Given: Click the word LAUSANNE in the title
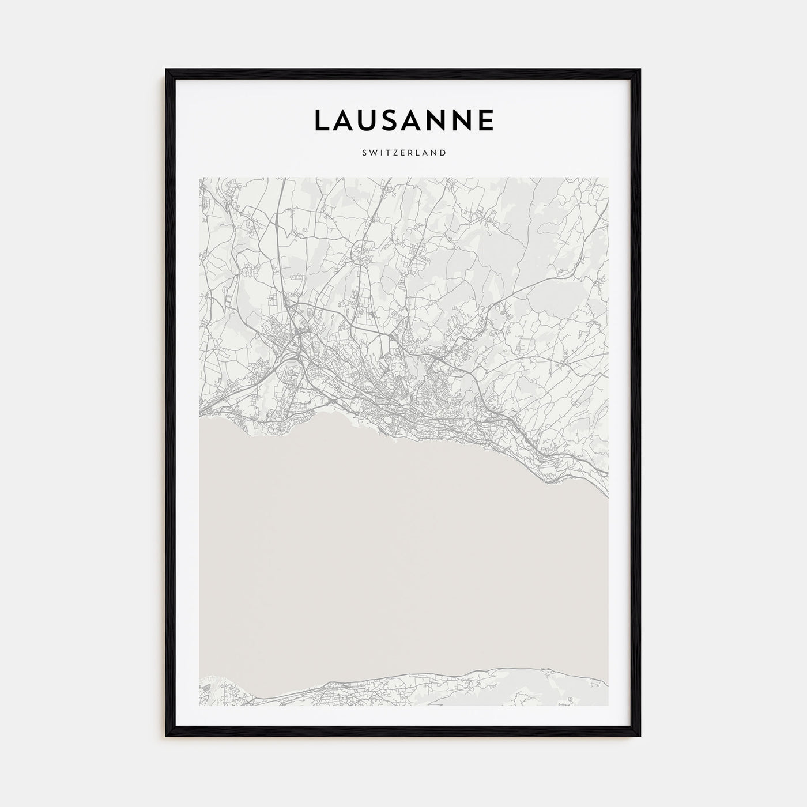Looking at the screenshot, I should coord(403,119).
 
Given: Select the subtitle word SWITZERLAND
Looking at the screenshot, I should coord(403,153).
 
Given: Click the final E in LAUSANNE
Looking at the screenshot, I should coord(485,119).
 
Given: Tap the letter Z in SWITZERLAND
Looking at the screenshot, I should coord(392,153).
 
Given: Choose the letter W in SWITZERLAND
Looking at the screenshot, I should coord(371,153).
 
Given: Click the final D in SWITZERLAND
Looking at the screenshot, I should coord(443,153).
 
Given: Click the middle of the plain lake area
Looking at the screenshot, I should coord(403,565).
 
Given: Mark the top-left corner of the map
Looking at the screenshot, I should coord(199,178).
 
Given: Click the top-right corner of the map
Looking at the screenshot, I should coord(608,178).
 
